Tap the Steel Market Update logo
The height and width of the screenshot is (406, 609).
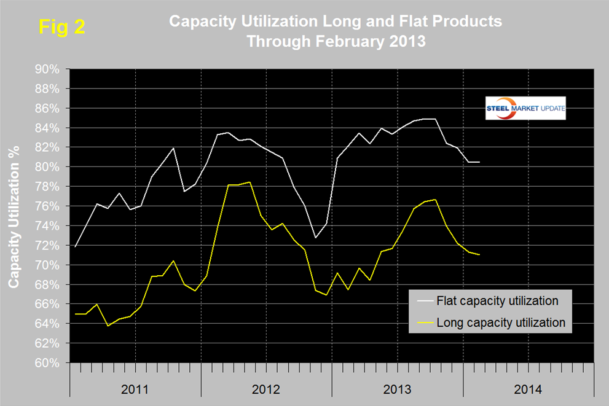coord(525,108)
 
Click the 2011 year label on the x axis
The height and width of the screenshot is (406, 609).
coord(135,389)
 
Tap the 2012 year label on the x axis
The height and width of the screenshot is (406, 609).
coord(266,389)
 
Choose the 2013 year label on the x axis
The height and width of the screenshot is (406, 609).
coord(397,389)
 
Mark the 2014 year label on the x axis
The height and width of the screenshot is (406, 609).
coord(528,389)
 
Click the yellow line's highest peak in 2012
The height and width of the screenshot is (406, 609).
coord(249,182)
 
